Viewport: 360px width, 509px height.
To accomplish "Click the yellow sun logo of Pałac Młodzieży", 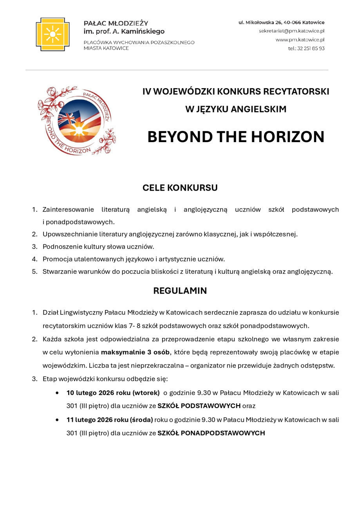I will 52,34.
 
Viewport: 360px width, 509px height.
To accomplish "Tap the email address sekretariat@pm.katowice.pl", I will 291,31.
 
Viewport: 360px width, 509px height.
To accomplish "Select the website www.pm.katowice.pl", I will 300,40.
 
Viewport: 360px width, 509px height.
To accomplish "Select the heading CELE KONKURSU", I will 180,188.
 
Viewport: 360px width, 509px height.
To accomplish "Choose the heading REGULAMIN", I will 180,291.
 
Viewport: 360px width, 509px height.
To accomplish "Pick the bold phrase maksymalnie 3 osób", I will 135,352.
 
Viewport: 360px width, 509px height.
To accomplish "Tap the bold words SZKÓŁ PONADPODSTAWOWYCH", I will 211,433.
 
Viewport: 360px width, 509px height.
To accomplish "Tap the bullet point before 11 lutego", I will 58,419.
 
